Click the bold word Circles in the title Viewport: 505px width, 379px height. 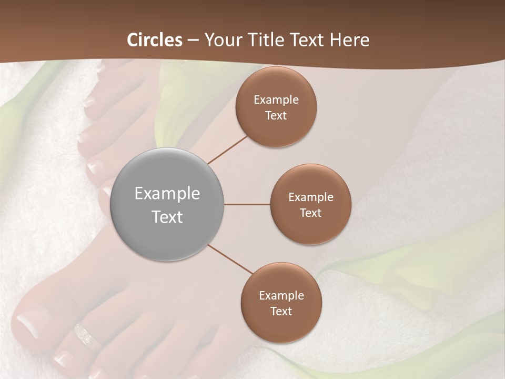tap(155, 40)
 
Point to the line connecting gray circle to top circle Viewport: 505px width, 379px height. tap(227, 149)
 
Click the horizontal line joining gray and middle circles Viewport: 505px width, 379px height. tap(247, 204)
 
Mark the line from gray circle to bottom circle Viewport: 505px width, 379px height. tap(230, 259)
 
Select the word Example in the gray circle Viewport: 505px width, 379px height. tap(167, 194)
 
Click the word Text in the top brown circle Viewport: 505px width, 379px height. tap(276, 116)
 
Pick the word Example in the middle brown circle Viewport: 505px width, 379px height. tap(310, 197)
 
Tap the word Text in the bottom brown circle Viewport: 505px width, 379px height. tap(281, 312)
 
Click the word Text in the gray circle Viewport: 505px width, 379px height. tap(167, 217)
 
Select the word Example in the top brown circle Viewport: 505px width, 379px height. tap(276, 100)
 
